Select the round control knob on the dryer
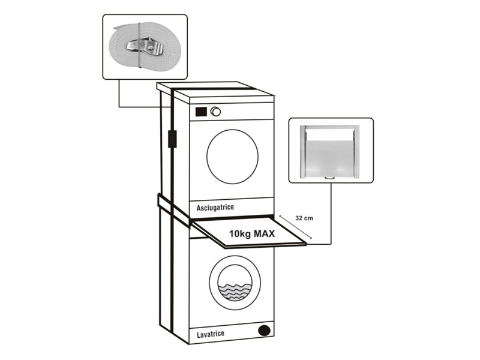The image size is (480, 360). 215,112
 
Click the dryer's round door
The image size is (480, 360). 232,157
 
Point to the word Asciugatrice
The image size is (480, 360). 215,208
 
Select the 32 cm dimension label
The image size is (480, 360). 304,218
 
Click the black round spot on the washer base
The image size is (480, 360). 262,331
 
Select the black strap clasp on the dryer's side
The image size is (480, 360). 170,139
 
